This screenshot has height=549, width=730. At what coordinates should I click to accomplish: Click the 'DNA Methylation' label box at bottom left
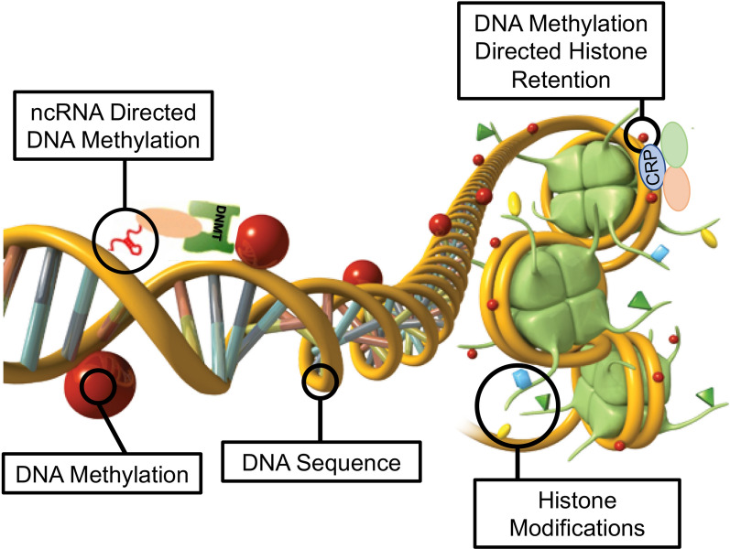(102, 475)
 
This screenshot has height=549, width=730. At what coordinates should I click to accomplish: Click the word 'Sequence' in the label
(357, 463)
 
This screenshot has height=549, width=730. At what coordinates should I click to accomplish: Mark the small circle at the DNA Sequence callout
(321, 380)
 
